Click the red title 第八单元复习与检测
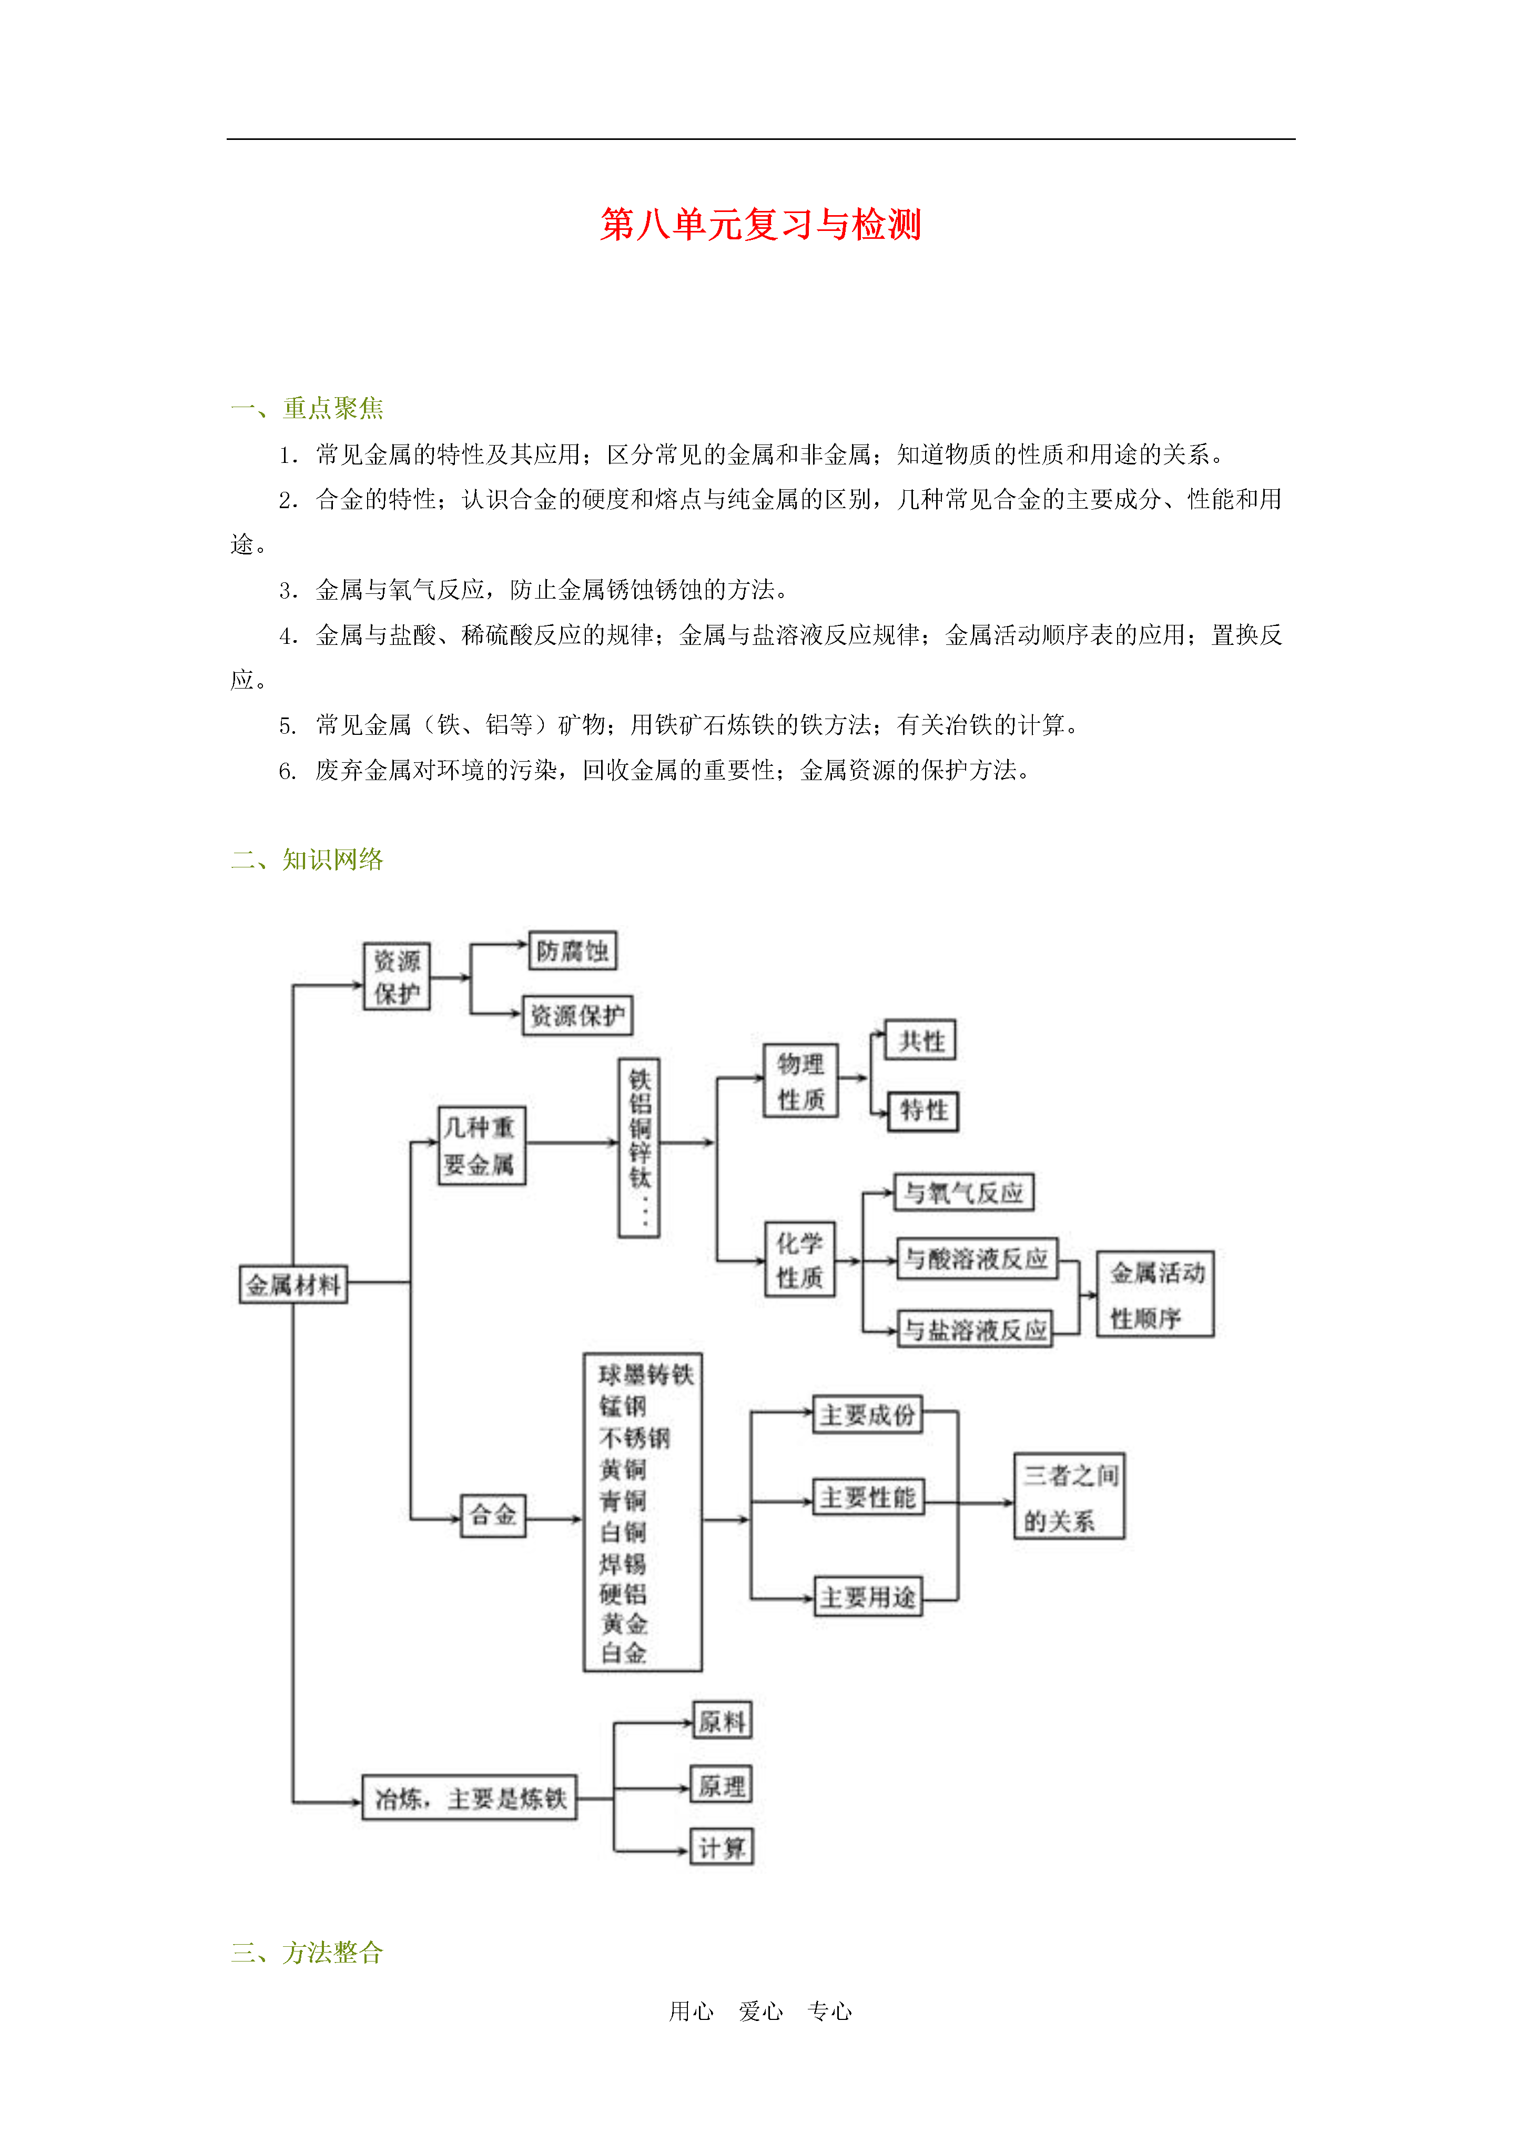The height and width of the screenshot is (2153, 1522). (x=760, y=225)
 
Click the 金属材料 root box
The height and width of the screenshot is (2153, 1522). (x=292, y=1283)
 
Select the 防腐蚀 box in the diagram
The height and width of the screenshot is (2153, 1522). (x=572, y=951)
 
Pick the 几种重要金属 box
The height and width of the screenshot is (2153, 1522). (x=481, y=1145)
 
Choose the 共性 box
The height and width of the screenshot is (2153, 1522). (x=921, y=1040)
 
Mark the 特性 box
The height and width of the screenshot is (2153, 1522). (x=923, y=1111)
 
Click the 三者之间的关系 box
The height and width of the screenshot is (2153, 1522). (x=1069, y=1497)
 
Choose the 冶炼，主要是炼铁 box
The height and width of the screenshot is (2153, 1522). (x=470, y=1797)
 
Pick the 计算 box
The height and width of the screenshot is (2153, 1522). (x=721, y=1847)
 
